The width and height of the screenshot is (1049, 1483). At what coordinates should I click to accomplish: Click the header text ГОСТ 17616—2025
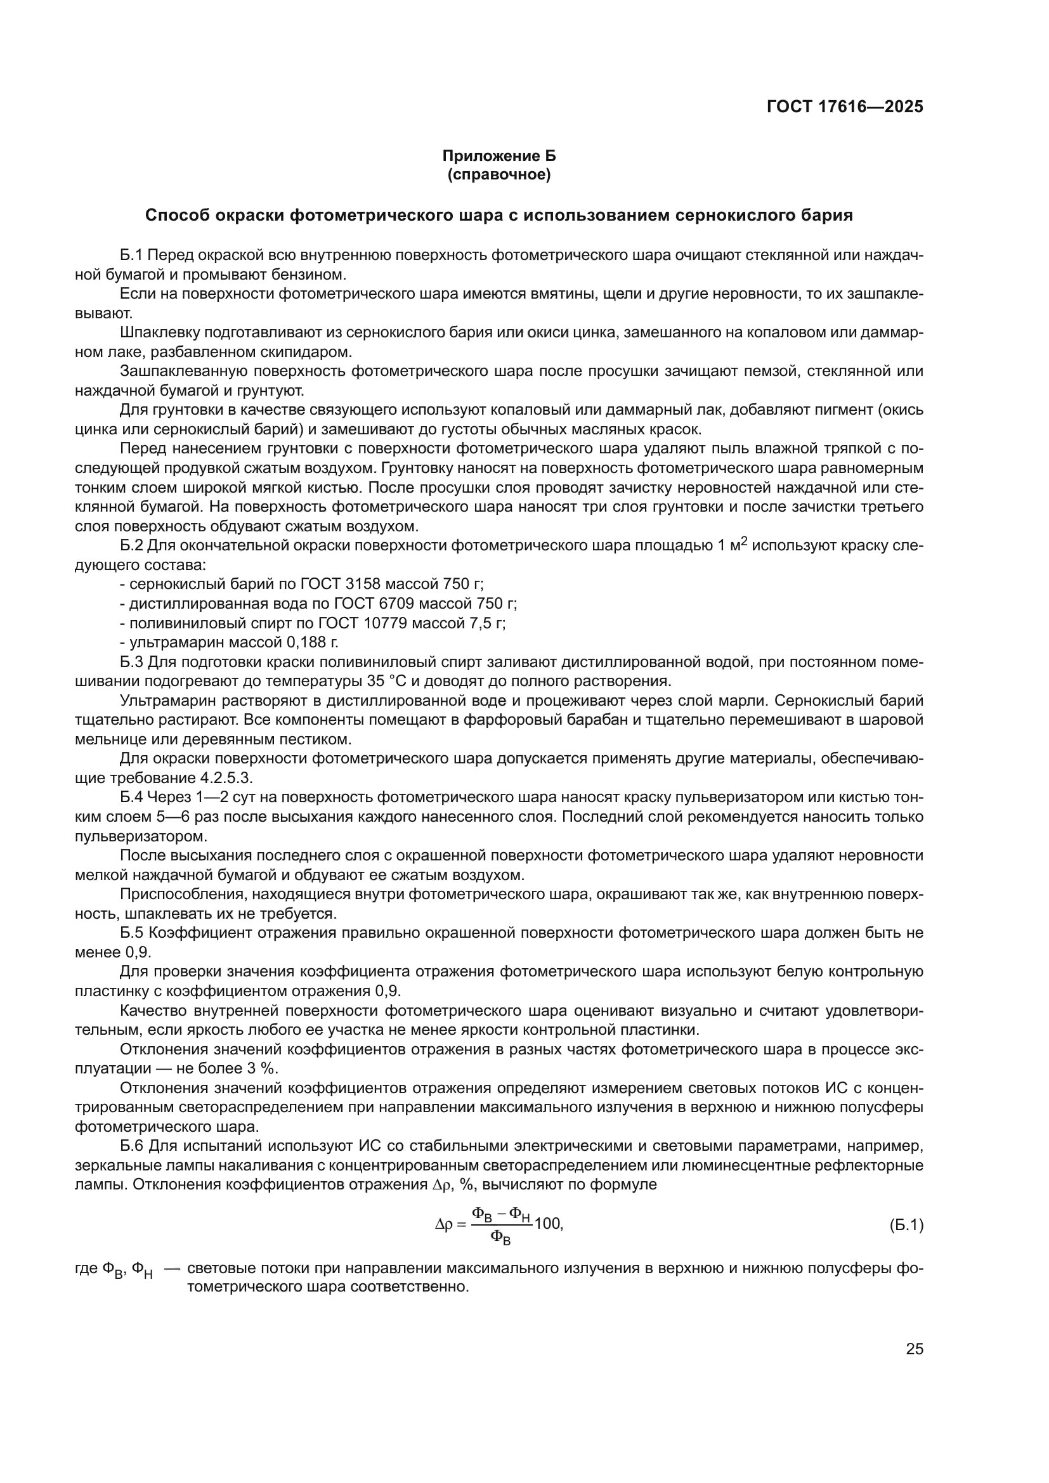(x=844, y=107)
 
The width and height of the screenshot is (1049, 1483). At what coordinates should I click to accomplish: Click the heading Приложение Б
(x=498, y=156)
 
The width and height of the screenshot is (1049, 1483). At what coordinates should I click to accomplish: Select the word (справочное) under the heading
(x=498, y=175)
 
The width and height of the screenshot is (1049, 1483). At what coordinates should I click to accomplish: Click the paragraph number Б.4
(x=133, y=797)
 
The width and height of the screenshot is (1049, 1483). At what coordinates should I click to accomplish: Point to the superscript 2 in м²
(x=743, y=541)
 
